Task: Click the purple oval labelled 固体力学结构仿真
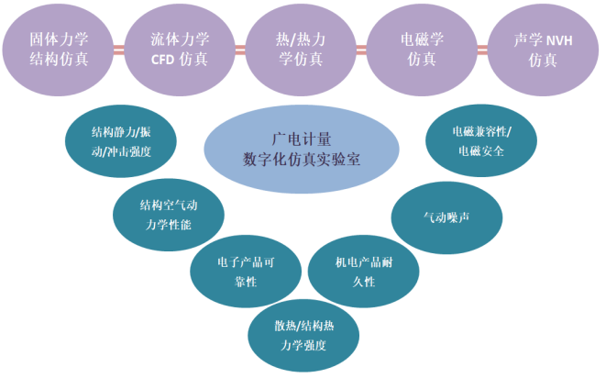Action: [x=58, y=50]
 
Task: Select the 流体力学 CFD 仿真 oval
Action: [x=180, y=50]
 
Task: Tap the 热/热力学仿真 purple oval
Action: [x=301, y=50]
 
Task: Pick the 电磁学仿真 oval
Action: [x=422, y=50]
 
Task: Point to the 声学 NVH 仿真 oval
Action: [x=543, y=50]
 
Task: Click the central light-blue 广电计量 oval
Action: [x=302, y=150]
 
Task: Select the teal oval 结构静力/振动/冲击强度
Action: [x=121, y=141]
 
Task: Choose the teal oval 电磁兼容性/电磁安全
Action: [x=481, y=140]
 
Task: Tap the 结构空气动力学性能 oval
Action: [x=169, y=215]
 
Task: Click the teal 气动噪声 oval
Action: [x=446, y=217]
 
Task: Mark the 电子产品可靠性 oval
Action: [x=246, y=272]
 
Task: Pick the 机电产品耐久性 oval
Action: [x=364, y=272]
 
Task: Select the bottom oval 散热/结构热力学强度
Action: [x=303, y=336]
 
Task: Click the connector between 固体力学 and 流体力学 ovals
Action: [x=119, y=50]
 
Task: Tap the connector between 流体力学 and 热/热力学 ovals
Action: [x=240, y=50]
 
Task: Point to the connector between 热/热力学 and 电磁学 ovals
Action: [x=361, y=50]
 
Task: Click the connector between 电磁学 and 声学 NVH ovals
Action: [x=482, y=50]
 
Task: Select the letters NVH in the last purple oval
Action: [x=559, y=40]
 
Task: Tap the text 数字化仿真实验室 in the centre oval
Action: [x=302, y=160]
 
